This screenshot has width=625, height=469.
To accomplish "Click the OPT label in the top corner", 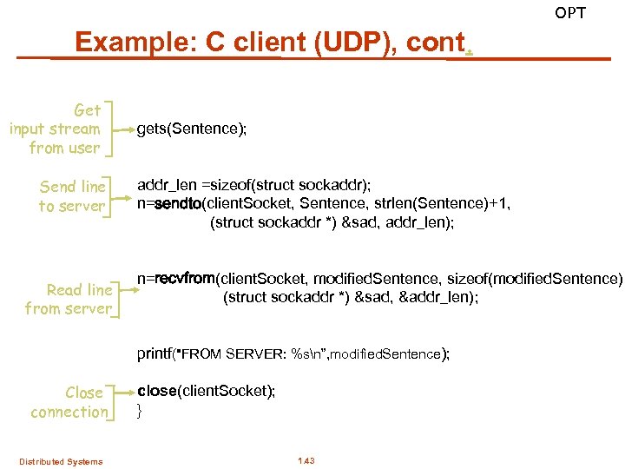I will click(570, 13).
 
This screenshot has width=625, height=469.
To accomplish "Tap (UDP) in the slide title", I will click(333, 42).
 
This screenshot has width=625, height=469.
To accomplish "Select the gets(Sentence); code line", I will click(192, 129).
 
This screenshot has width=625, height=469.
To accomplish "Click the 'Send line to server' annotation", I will click(72, 196).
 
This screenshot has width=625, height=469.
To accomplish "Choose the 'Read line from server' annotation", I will click(69, 300).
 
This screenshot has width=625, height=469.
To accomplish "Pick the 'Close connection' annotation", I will click(69, 402).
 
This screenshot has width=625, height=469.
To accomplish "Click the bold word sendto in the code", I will click(176, 203).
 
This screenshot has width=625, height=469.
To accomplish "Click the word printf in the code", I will click(155, 353).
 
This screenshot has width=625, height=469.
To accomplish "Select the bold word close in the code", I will click(156, 391).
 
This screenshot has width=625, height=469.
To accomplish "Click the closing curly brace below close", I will click(140, 409).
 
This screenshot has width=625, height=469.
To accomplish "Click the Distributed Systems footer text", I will click(61, 461).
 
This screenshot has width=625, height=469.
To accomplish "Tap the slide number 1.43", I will click(306, 460).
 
